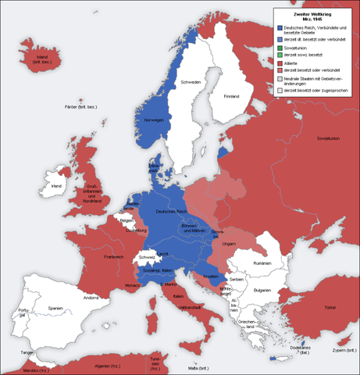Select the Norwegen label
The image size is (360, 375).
[153, 120]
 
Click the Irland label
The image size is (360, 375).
[55, 187]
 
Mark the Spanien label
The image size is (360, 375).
[54, 309]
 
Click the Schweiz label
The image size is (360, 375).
[147, 257]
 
